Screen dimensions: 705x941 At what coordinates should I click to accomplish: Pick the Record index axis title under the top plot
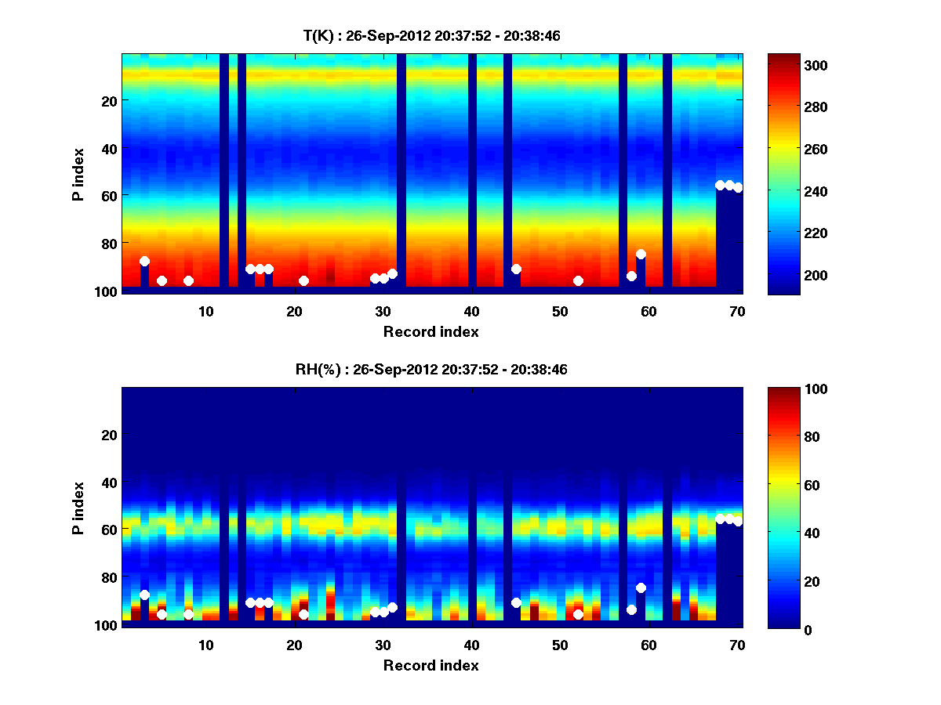pos(431,331)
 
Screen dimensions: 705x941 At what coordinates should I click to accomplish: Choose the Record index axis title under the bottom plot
pos(431,665)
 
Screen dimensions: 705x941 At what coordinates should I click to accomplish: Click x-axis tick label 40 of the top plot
pos(471,311)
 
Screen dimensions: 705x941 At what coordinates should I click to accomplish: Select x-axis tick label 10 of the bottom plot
pos(205,645)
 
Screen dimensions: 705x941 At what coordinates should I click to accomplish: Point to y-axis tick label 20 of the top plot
pos(108,100)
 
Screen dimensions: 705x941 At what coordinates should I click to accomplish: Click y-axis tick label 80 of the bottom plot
pos(108,577)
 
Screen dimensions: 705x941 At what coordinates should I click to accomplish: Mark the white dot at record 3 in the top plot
pos(144,262)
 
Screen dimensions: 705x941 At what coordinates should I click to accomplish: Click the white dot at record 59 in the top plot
pos(641,254)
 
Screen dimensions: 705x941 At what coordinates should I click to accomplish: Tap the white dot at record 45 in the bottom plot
pos(516,602)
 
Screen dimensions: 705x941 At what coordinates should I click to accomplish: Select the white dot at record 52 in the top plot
pos(578,280)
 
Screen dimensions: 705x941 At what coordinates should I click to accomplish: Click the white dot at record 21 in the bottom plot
pos(303,614)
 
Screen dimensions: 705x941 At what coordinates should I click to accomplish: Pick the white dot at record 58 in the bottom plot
pos(631,609)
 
